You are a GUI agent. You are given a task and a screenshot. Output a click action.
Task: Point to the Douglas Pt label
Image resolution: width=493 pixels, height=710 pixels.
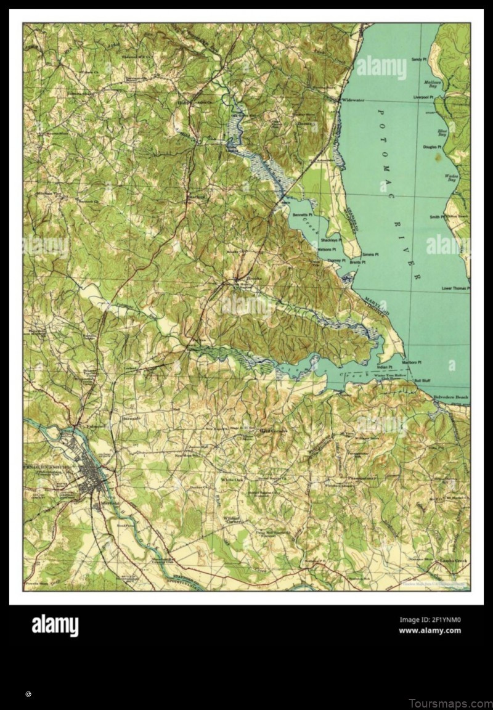(x=432, y=147)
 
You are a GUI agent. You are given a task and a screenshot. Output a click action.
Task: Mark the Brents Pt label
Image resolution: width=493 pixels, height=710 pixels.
(x=357, y=263)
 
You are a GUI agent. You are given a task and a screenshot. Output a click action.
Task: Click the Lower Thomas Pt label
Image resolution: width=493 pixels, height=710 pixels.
(x=455, y=288)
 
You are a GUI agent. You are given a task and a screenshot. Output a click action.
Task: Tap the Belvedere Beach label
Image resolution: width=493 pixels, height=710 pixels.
(x=450, y=398)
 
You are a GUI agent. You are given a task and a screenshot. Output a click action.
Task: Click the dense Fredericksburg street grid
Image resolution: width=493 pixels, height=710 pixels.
(x=89, y=468)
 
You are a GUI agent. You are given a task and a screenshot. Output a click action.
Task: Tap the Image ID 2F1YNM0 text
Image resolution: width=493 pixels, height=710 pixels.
(x=430, y=620)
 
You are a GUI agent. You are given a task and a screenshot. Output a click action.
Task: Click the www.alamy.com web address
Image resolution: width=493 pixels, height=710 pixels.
(x=430, y=630)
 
